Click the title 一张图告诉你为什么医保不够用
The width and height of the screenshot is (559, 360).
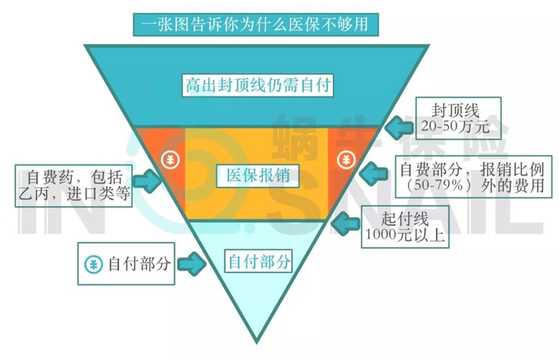256,25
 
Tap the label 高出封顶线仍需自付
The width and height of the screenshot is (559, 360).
258,85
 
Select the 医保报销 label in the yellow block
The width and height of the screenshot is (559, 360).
258,175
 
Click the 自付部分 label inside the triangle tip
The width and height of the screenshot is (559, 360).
259,261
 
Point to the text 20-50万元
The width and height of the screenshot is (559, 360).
455,126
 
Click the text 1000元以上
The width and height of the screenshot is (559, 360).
404,235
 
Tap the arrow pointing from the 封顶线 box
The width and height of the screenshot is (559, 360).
399,127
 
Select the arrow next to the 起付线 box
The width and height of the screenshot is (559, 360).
345,224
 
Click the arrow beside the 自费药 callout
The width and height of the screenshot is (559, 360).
147,181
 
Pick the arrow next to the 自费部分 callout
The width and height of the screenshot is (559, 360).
374,173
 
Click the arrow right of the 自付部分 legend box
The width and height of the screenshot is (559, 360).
192,263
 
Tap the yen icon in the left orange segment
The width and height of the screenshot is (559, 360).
170,160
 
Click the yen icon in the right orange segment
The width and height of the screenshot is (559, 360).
346,160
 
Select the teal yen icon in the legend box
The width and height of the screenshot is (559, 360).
93,264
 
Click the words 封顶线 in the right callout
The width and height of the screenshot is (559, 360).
455,110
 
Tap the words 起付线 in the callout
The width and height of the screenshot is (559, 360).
405,219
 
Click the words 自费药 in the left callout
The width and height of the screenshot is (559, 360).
50,176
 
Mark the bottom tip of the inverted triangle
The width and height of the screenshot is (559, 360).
256,343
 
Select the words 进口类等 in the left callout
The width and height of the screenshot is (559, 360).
98,193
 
